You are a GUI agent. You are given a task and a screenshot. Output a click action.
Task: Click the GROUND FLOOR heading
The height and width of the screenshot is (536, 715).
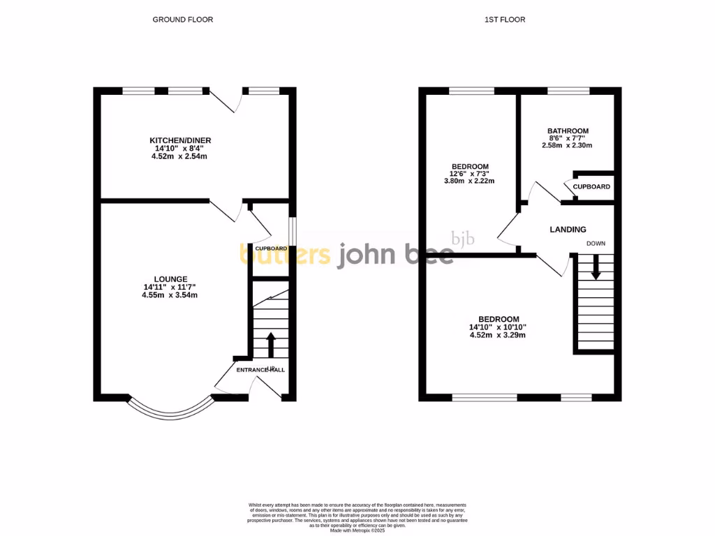click(183, 20)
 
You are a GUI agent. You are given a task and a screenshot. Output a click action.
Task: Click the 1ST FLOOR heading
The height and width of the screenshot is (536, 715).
click(505, 20)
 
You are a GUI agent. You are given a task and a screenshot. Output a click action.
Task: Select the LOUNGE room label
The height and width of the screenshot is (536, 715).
click(170, 279)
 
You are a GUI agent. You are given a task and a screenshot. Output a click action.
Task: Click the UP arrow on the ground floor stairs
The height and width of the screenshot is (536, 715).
click(271, 344)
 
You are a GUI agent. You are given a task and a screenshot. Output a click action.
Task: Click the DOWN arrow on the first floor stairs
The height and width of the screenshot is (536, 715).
click(596, 268)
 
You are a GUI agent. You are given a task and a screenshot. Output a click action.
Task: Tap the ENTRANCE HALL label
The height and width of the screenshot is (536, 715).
click(261, 370)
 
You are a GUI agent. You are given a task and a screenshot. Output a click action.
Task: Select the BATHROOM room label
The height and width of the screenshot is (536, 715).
click(568, 131)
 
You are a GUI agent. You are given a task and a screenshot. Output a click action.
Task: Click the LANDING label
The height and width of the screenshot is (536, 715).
click(568, 230)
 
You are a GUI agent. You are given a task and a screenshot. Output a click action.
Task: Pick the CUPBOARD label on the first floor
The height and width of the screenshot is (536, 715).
click(591, 187)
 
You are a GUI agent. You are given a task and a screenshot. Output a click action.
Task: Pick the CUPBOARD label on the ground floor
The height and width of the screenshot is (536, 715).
click(271, 248)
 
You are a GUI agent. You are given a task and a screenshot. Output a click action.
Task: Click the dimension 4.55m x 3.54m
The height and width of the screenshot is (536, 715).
click(170, 295)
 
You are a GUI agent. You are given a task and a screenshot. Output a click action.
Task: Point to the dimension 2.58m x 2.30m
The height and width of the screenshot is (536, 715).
click(567, 146)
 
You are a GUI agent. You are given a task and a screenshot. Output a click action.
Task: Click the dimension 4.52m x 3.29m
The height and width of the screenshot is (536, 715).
click(497, 335)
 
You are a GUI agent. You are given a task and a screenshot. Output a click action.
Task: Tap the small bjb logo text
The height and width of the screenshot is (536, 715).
click(462, 239)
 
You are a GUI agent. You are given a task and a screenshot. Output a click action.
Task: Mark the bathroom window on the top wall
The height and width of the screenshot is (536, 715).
click(568, 91)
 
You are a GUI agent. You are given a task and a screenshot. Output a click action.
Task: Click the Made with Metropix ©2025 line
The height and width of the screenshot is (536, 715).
click(358, 530)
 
